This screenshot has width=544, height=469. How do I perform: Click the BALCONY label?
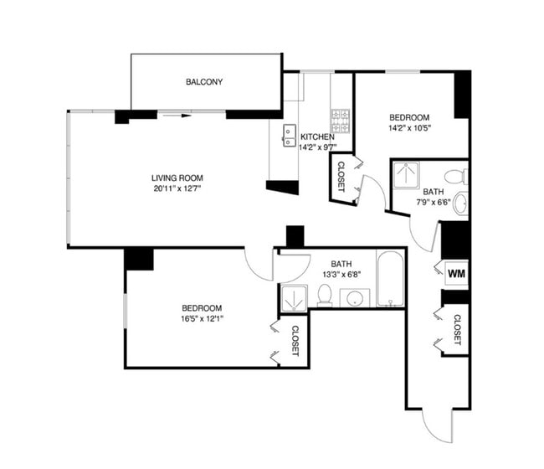[x=204, y=82]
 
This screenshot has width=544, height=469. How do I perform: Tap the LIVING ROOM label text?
[x=177, y=178]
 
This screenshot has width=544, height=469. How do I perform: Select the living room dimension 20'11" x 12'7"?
[x=177, y=188]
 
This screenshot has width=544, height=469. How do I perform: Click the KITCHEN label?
[x=317, y=137]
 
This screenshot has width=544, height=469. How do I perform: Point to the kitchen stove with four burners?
[x=340, y=121]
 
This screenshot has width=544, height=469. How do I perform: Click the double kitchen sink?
[x=290, y=136]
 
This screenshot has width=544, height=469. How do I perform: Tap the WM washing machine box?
[x=457, y=273]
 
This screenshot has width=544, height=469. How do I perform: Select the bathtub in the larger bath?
[x=390, y=279]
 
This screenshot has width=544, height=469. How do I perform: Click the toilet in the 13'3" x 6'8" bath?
[x=325, y=296]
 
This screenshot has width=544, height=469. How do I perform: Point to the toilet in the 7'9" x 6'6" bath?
[x=456, y=177]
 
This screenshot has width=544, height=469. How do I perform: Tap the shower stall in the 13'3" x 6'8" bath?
[x=295, y=298]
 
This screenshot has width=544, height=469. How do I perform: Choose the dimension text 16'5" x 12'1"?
[x=202, y=319]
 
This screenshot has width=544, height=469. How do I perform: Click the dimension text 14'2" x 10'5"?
[x=409, y=128]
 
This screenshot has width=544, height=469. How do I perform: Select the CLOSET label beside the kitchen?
[x=341, y=177]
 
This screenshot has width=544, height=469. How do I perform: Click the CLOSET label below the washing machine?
[x=457, y=330]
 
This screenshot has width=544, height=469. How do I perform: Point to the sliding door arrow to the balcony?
[x=177, y=116]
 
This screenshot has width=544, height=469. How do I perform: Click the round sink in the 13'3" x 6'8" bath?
[x=355, y=298]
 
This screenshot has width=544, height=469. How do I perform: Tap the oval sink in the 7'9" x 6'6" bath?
[x=461, y=203]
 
